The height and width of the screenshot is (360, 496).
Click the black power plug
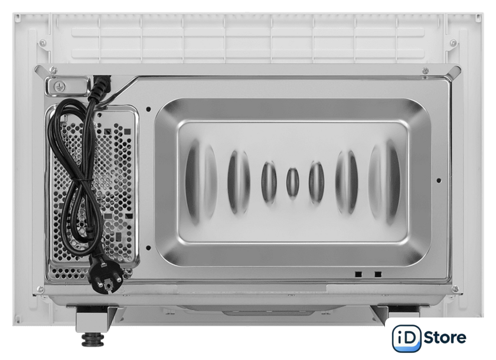pos(106,274)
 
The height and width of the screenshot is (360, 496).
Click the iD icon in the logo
pos(407,339)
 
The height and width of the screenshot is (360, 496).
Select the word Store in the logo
pos(445,338)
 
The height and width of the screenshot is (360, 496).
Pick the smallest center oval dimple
pos(293,183)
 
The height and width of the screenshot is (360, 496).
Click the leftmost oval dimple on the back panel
pos(201,182)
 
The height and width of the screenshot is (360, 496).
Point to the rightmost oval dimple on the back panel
pos(384,182)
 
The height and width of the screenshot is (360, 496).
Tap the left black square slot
pos(358,274)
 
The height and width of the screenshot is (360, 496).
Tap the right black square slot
pos(378,274)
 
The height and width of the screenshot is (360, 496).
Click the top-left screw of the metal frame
pos(53,70)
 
